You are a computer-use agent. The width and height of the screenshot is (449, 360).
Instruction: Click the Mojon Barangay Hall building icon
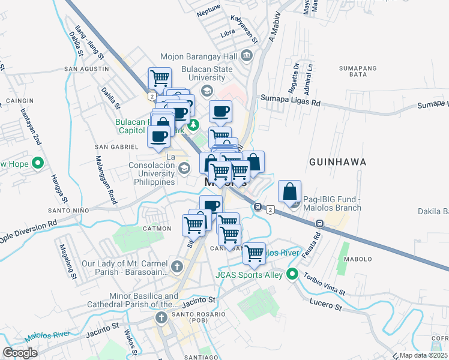coord(247,56)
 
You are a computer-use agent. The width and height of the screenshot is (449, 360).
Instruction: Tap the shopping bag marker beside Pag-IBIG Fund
coord(289,192)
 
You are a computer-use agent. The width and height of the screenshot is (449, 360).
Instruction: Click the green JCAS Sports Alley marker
coord(293,275)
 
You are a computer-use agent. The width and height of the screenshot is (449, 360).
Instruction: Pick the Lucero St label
coord(325,307)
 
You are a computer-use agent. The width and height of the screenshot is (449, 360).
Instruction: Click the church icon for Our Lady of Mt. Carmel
coord(177,266)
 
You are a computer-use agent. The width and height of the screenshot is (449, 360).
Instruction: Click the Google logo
coord(20,353)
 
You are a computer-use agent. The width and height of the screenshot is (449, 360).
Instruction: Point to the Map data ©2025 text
coord(423,355)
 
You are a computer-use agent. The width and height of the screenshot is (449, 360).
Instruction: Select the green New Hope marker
coord(38,163)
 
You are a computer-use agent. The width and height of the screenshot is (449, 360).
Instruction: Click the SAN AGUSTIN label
coord(86,69)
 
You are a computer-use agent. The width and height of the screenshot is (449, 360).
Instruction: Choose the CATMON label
coord(153,229)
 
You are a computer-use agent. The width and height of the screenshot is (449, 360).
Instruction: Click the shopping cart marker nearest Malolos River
coord(254,253)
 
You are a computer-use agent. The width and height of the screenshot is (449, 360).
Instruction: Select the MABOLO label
coord(358,260)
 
